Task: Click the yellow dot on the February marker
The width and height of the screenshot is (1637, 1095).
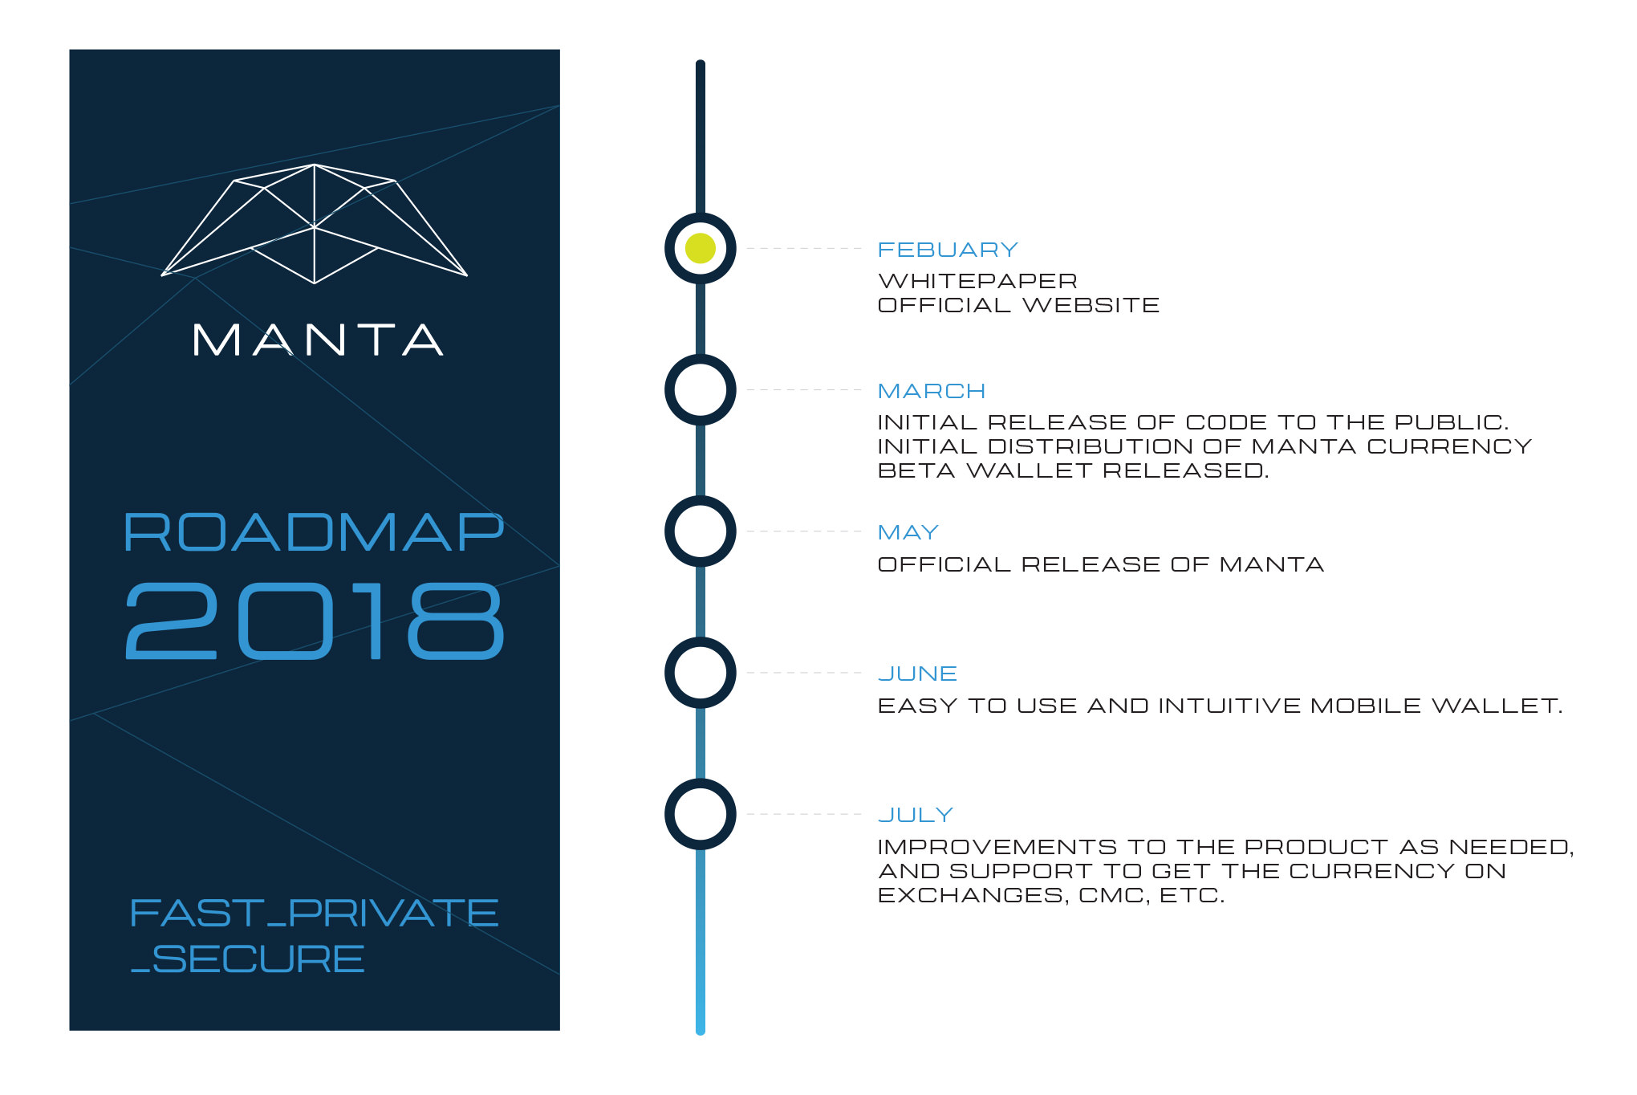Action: [x=701, y=249]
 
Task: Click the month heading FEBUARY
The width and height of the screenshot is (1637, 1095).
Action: [x=948, y=250]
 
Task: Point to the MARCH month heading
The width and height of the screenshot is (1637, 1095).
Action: [x=932, y=391]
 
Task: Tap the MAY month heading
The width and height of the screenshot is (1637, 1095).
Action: [x=908, y=532]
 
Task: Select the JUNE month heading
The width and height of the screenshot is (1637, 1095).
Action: [x=918, y=674]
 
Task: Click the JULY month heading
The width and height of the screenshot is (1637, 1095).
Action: [x=916, y=815]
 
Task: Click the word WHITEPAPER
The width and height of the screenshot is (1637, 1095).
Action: [x=978, y=281]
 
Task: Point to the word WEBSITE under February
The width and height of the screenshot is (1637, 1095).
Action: [x=1091, y=305]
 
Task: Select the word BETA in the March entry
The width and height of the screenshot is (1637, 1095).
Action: [x=916, y=470]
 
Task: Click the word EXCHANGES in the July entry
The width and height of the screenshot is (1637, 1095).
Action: [x=973, y=896]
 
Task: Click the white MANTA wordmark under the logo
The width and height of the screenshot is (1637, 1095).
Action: [x=318, y=340]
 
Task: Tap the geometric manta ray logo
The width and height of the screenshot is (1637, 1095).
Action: [x=315, y=224]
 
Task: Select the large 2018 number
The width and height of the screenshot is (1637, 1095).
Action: [x=315, y=621]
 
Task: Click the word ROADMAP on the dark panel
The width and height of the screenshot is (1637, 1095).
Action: [x=314, y=532]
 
